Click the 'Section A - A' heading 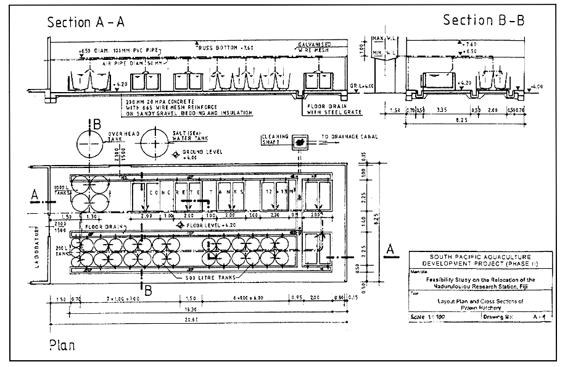86,22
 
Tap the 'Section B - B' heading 484,20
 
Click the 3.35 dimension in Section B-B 441,110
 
